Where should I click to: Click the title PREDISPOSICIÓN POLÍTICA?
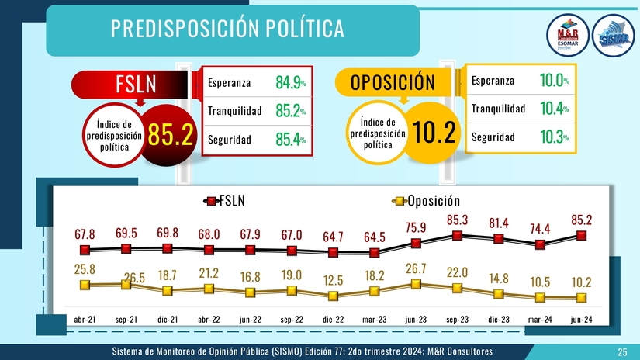227,29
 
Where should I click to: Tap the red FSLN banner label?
137,84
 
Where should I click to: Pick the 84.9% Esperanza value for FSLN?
290,82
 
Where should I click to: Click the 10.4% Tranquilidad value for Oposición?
554,109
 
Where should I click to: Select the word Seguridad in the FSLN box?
229,140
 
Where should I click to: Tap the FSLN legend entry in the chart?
225,202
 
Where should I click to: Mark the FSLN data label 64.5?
375,237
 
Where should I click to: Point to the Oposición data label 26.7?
417,268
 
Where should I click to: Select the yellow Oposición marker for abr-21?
85,285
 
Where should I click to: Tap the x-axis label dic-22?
334,320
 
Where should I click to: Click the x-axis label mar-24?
541,320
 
